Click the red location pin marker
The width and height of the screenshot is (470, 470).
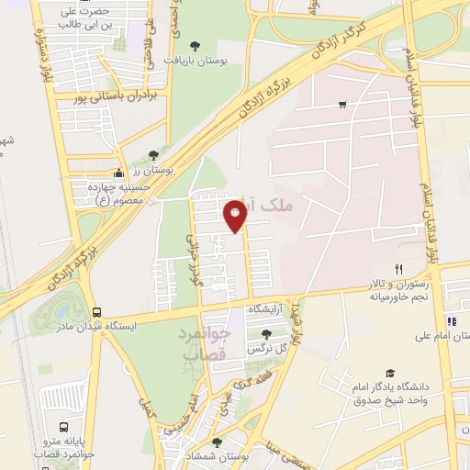tap(236, 216)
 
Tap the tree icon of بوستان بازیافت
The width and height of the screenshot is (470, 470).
tap(194, 45)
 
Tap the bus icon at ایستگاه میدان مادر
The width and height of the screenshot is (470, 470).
tap(97, 312)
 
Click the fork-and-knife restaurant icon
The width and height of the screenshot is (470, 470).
tap(397, 269)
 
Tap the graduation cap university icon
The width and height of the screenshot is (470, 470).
tap(390, 373)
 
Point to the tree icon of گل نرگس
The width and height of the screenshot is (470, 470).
tap(266, 334)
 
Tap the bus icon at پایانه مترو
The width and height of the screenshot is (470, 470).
tap(63, 427)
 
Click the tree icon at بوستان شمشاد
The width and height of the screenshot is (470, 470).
tap(218, 442)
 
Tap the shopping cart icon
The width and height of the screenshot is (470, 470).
tap(342, 105)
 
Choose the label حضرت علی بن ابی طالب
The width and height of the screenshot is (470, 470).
tap(84, 18)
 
